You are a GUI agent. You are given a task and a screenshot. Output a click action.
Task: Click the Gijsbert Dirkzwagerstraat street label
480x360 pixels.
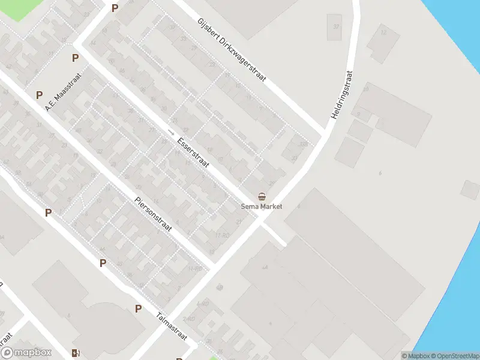pos(232,51)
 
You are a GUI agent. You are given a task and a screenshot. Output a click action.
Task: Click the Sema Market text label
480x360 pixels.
pos(262,206)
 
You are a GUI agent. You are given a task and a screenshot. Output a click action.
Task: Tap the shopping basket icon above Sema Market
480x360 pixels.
pos(262,197)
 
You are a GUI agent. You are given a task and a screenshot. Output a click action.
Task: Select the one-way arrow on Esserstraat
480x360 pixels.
pos(172,131)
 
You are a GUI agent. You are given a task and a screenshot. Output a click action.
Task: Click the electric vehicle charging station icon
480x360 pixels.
pos(75,353)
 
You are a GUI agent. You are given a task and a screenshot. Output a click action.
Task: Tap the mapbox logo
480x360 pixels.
pos(27,353)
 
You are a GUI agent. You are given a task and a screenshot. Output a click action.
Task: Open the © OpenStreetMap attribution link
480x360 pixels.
pos(455,356)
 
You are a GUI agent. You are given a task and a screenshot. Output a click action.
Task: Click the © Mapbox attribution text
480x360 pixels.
pos(415,356)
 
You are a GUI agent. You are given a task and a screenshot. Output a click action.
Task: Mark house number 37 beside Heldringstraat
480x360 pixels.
pos(336,26)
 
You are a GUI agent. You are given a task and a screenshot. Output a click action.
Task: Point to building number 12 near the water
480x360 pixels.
pos(383,31)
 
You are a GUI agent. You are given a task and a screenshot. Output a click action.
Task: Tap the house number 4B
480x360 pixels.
pos(219,287)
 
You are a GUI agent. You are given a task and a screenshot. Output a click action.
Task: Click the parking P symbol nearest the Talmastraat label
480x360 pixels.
pos(138,309)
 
